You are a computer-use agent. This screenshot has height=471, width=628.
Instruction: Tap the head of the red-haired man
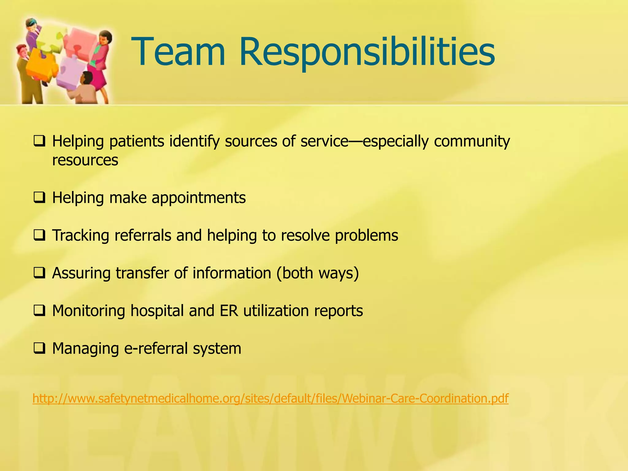pyautogui.click(x=21, y=51)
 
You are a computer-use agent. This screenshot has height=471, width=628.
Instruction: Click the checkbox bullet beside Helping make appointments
pyautogui.click(x=40, y=197)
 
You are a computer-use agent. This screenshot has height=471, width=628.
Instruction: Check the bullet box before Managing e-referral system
pyautogui.click(x=40, y=348)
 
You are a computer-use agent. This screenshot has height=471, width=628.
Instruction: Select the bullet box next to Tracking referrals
pyautogui.click(x=40, y=235)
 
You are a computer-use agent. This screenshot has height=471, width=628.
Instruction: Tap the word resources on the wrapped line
pyautogui.click(x=85, y=160)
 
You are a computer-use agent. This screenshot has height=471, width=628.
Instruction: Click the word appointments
pyautogui.click(x=198, y=198)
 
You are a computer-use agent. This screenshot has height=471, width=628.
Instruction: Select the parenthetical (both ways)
pyautogui.click(x=317, y=273)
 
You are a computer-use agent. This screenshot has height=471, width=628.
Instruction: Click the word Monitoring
pyautogui.click(x=89, y=311)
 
